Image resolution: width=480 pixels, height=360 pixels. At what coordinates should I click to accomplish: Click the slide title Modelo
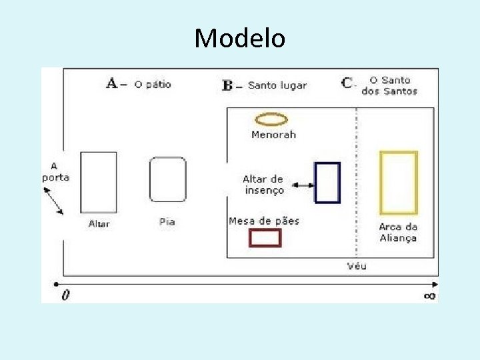(x=240, y=39)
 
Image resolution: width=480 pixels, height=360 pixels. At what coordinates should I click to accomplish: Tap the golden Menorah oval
(x=271, y=119)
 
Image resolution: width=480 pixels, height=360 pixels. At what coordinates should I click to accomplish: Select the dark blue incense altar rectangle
(x=327, y=182)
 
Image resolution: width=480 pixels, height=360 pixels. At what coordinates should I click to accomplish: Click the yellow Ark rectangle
(x=399, y=183)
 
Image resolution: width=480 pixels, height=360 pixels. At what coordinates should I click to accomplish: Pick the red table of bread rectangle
(x=265, y=237)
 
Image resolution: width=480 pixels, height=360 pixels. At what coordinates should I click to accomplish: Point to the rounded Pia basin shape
(x=167, y=179)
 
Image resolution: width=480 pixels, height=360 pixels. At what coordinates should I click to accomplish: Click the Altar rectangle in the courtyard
(x=99, y=182)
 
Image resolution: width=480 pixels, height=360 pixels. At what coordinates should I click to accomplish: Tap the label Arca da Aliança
(x=398, y=232)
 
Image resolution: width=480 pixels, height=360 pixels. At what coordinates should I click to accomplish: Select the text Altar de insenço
(x=263, y=185)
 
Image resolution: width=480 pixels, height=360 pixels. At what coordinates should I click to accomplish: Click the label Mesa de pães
(x=264, y=221)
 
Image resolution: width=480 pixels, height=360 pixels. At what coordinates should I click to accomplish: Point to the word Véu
(x=357, y=267)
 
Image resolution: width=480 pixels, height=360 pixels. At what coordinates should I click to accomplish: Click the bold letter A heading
(x=112, y=83)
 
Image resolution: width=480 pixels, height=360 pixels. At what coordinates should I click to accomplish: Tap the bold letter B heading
(x=228, y=85)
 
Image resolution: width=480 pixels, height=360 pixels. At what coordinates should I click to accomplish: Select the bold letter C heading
(x=347, y=83)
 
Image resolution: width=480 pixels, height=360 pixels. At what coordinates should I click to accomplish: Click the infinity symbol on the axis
(x=430, y=295)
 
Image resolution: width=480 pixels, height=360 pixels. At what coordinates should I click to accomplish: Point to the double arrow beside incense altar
(x=303, y=185)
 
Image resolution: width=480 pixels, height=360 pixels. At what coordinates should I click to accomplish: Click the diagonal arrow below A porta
(x=54, y=201)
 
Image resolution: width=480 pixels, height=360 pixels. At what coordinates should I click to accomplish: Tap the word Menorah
(x=273, y=135)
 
